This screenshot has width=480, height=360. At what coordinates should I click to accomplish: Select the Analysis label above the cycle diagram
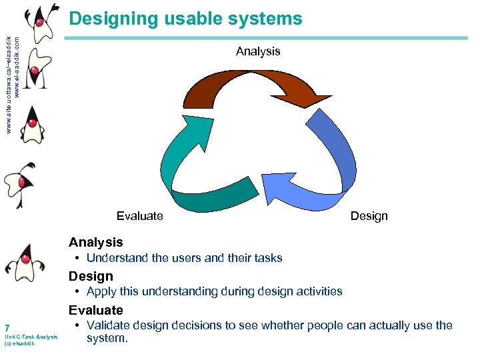pos(258,51)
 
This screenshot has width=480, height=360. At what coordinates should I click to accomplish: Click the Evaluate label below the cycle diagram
pos(139,215)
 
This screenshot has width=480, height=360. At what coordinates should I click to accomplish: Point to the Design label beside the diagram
pos(369,215)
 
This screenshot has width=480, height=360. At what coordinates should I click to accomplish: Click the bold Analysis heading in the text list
pos(96,242)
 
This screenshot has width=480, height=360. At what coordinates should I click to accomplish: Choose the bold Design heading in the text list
pos(91,276)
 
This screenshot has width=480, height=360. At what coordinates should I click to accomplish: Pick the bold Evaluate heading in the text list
pos(96,310)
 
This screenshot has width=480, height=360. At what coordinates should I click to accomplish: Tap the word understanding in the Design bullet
pos(179,291)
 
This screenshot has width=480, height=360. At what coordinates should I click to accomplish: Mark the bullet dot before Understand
pos(78,258)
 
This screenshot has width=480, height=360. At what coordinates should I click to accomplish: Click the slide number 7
pos(7,328)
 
